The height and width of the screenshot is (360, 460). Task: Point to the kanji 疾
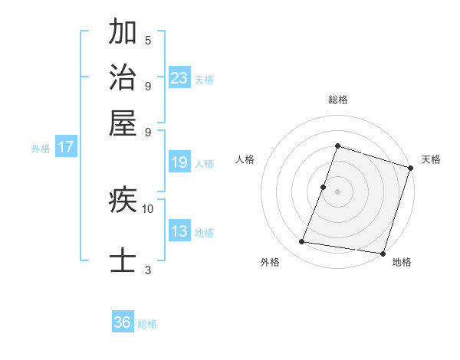(x=123, y=201)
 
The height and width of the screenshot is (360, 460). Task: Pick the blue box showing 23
(x=179, y=77)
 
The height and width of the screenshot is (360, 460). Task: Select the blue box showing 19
(x=179, y=162)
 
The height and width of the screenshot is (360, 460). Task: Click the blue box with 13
(x=179, y=231)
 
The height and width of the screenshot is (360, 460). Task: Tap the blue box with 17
(x=65, y=147)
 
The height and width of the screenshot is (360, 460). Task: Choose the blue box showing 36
(x=123, y=322)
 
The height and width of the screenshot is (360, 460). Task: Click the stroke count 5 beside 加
(x=148, y=40)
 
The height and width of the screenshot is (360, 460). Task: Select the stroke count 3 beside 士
(x=148, y=269)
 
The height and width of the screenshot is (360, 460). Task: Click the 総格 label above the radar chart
(x=337, y=100)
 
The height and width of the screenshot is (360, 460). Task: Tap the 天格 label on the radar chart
(x=431, y=159)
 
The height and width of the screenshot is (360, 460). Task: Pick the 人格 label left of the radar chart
(x=245, y=159)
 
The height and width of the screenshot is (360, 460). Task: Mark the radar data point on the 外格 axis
(x=302, y=242)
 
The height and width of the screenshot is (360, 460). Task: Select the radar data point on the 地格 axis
(x=382, y=253)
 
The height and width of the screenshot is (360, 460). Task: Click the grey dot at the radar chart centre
(x=337, y=191)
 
